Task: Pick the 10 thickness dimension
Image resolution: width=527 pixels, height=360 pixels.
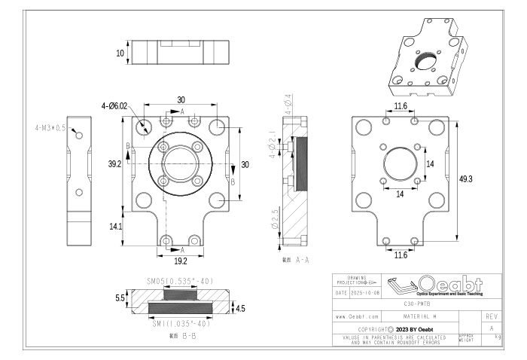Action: pos(120,53)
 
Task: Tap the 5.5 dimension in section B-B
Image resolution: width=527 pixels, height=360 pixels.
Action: pos(118,298)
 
